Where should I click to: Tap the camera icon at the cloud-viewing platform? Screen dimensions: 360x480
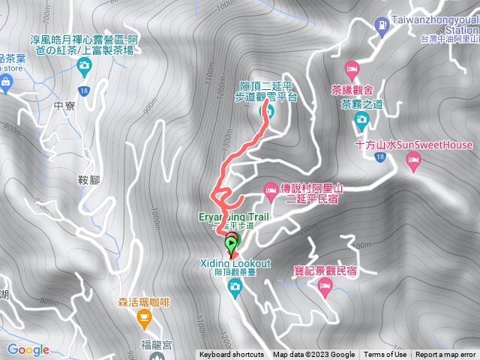coord(265,112)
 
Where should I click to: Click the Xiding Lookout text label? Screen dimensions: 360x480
coord(235,264)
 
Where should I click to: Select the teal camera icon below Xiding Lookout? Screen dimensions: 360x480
coord(235,286)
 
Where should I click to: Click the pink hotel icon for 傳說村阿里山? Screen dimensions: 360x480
coord(271,192)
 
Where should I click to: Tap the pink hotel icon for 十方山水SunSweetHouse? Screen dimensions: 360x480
coord(412,160)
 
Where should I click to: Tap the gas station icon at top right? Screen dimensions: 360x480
coord(383,25)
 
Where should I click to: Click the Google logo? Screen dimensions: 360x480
coord(28,349)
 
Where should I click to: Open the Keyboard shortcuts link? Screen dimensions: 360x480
coord(231,355)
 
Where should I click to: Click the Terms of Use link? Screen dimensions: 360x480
coord(385,355)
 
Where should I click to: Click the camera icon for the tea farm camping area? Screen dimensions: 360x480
coord(84,67)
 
